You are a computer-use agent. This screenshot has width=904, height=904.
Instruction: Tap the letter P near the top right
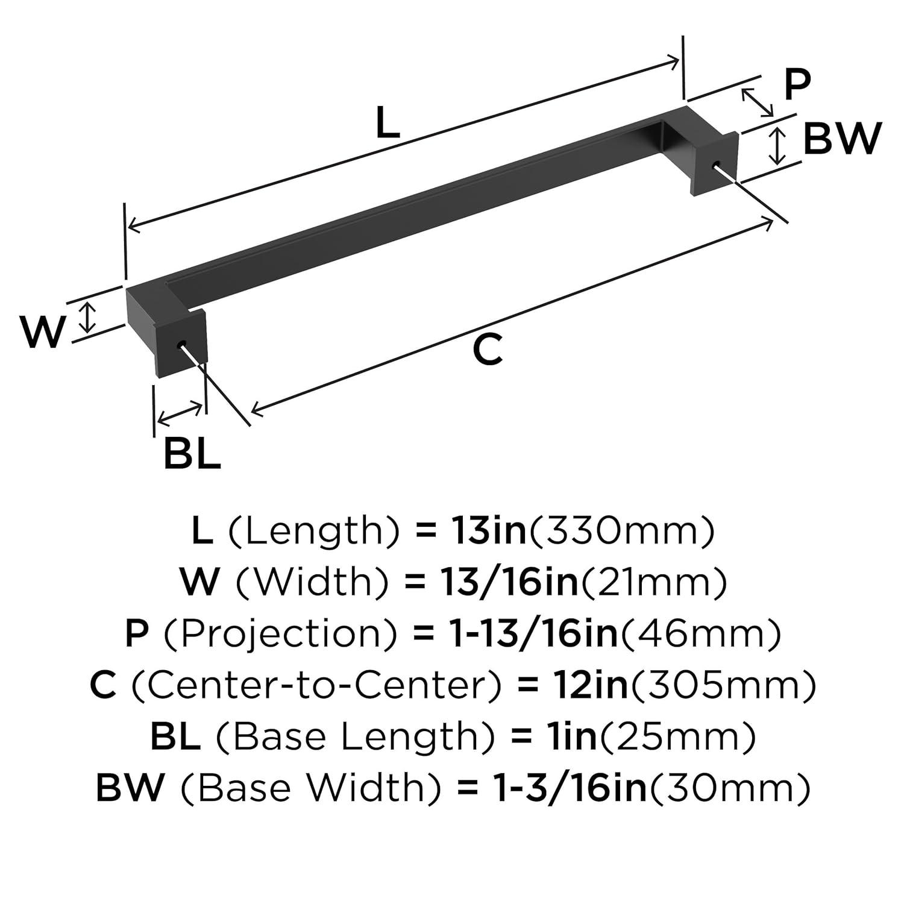coord(797,85)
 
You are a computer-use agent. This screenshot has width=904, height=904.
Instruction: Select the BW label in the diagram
coord(842,138)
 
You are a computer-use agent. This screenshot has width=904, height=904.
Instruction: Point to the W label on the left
coord(42,332)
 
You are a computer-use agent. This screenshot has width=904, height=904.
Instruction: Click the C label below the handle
coord(487,350)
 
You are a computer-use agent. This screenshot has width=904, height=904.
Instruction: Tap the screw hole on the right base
coord(716,165)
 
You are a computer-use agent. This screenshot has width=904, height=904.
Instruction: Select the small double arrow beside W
coord(88,318)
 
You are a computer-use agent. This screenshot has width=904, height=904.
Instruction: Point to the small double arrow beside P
coord(757,102)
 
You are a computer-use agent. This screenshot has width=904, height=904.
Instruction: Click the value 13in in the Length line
coord(488,531)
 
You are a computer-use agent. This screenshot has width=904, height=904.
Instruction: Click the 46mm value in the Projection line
coord(701,634)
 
